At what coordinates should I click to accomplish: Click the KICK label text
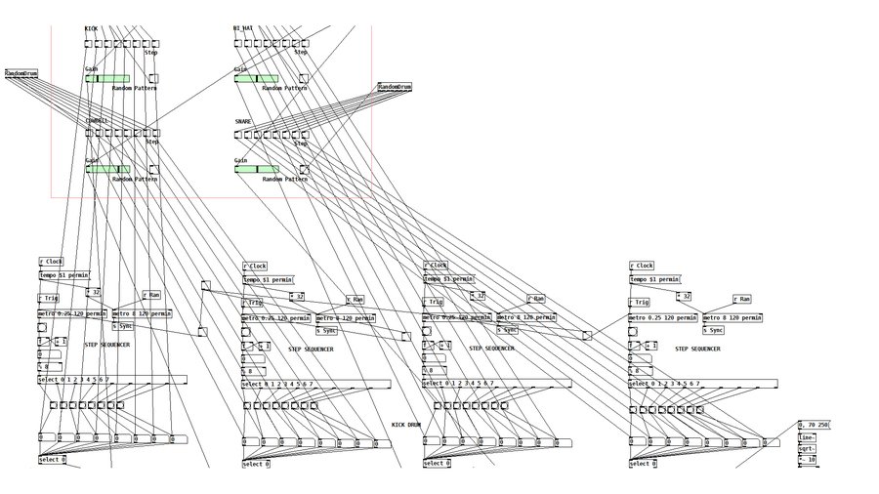pos(91,29)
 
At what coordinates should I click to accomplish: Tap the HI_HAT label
pos(243,29)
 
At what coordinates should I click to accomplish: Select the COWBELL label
pos(97,121)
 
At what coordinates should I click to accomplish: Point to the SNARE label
pos(243,122)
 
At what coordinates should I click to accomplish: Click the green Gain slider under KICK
pos(106,78)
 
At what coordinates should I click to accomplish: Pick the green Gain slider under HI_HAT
pos(256,78)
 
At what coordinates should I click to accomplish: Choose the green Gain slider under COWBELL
pos(106,169)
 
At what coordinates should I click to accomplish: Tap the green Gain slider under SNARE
pos(256,169)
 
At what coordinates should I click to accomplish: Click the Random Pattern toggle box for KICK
pos(153,78)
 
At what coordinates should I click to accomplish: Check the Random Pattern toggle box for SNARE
pos(304,169)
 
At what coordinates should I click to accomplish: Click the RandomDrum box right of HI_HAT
pos(395,88)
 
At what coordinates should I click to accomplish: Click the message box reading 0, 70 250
pos(813,426)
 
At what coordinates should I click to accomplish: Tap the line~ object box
pos(806,437)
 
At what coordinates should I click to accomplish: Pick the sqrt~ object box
pos(806,448)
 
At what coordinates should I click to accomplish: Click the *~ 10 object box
pos(807,459)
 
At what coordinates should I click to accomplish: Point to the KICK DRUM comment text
pos(405,425)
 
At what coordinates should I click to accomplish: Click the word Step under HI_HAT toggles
pos(301,53)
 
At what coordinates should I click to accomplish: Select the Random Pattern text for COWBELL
pos(135,179)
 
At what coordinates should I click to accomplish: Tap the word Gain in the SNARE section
pos(240,160)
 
